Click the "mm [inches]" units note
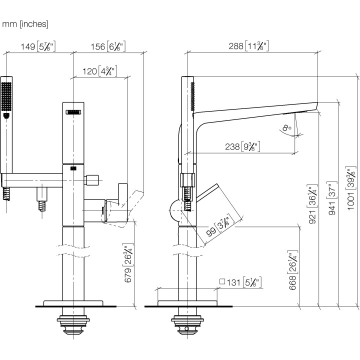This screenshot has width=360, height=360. [25, 24]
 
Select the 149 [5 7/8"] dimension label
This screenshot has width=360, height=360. [38, 46]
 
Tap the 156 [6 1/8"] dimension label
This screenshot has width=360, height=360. [108, 46]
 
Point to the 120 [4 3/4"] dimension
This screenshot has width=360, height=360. [100, 71]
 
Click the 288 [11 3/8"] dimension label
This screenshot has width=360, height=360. [248, 46]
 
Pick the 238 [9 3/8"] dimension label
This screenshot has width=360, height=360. [242, 146]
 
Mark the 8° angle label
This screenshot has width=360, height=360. [287, 127]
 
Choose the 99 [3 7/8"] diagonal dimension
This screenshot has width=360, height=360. [220, 226]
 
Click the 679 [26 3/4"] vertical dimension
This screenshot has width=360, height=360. [128, 262]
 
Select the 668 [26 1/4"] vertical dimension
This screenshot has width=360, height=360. [292, 270]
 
